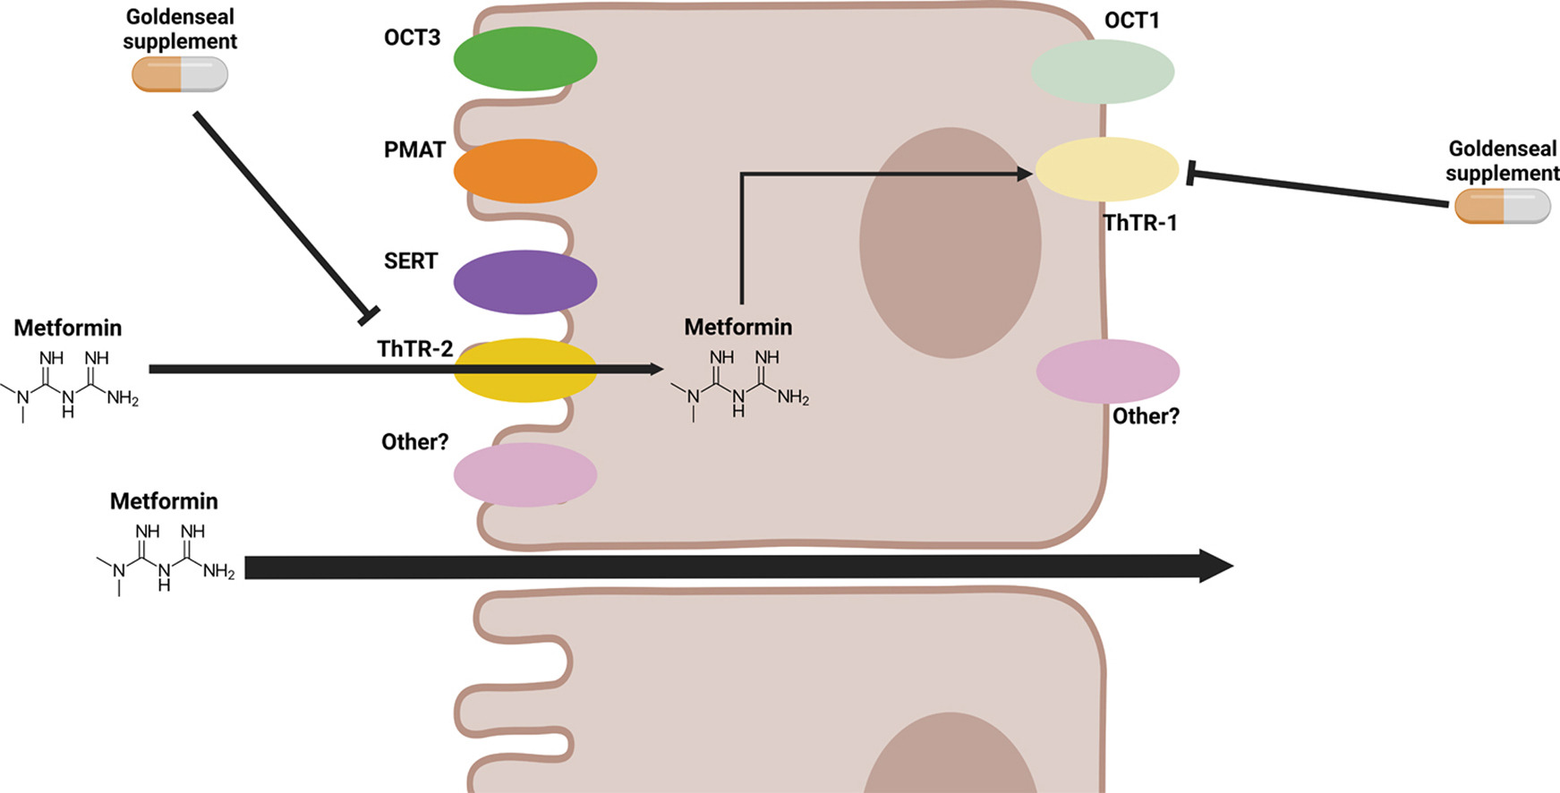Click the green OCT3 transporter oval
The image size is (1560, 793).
point(525,59)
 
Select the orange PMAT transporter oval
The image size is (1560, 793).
point(525,171)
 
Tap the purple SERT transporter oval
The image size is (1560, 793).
point(525,282)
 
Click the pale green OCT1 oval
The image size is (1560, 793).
point(1103,72)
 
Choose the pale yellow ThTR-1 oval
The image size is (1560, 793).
point(1107,169)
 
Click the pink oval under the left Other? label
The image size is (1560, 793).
point(525,474)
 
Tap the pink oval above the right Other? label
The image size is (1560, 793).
point(1108,371)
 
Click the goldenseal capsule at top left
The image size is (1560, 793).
point(180,74)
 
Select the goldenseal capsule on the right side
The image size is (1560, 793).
point(1502,206)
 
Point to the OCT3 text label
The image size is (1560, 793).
point(412,38)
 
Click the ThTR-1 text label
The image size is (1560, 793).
point(1139,223)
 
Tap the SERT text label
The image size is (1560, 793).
point(411,261)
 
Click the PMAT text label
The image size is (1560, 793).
point(414,149)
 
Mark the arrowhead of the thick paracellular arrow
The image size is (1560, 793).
point(1217,567)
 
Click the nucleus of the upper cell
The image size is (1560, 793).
point(950,243)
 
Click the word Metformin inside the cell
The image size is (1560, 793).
point(738,328)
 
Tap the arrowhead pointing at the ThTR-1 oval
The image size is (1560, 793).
point(1026,174)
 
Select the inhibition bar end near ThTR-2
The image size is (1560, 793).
point(369,316)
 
